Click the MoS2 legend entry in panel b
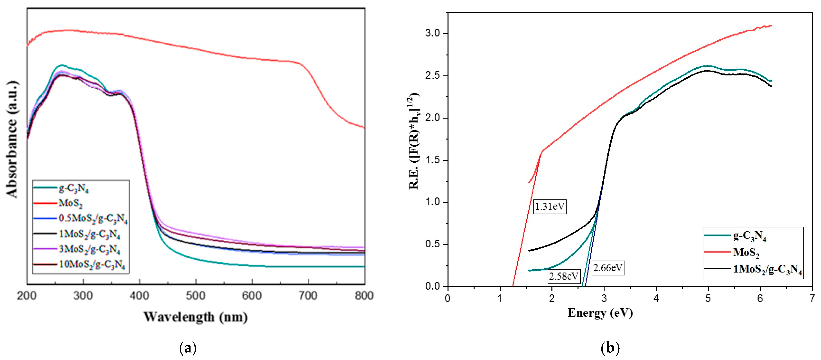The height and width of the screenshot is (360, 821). pos(746,253)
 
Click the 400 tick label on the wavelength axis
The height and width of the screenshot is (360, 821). pos(139,296)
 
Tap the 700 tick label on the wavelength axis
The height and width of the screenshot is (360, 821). pos(308,296)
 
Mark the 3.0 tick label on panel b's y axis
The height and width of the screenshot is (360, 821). pos(432,33)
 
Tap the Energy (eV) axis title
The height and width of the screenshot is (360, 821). pos(600,313)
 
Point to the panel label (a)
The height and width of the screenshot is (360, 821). pos(188,348)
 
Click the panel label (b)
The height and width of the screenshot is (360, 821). pos(610,347)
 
